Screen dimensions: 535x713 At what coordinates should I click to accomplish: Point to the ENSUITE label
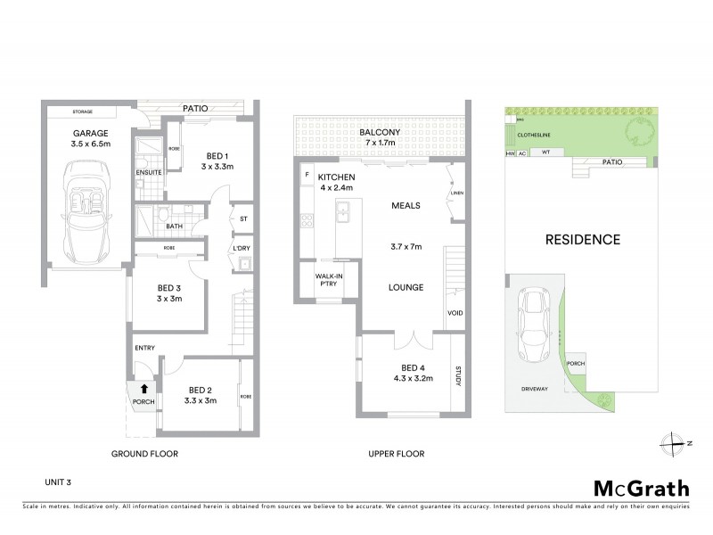click(x=148, y=172)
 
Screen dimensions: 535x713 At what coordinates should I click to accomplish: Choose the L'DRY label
click(x=240, y=246)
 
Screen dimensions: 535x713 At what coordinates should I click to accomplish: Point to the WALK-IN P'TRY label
click(x=329, y=281)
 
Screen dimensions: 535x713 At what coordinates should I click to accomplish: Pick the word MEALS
click(x=406, y=205)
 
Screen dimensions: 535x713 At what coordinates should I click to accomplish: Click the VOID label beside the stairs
click(x=455, y=313)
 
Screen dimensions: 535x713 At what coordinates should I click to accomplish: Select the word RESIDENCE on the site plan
click(x=583, y=239)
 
